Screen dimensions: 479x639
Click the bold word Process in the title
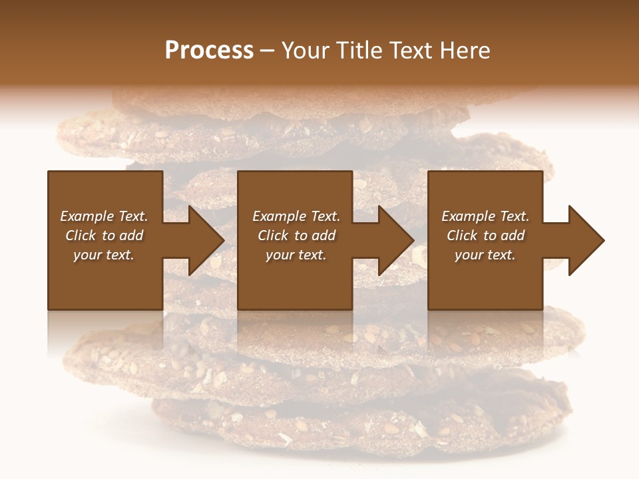pyautogui.click(x=209, y=51)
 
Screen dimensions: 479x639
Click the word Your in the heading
pyautogui.click(x=306, y=51)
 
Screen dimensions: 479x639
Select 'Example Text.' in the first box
pyautogui.click(x=104, y=216)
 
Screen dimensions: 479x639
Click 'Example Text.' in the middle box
pyautogui.click(x=296, y=216)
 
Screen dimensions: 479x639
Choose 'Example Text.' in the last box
pyautogui.click(x=485, y=216)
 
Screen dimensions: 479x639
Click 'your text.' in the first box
pyautogui.click(x=104, y=255)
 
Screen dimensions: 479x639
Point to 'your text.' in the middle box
pyautogui.click(x=296, y=255)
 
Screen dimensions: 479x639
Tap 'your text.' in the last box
pyautogui.click(x=485, y=255)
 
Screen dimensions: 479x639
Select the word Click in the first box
pyautogui.click(x=81, y=236)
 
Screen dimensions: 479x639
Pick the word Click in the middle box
pyautogui.click(x=273, y=236)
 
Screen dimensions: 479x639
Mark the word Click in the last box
pyautogui.click(x=462, y=236)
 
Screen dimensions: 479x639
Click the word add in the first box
pyautogui.click(x=132, y=236)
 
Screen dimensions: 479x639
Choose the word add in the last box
pyautogui.click(x=513, y=236)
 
